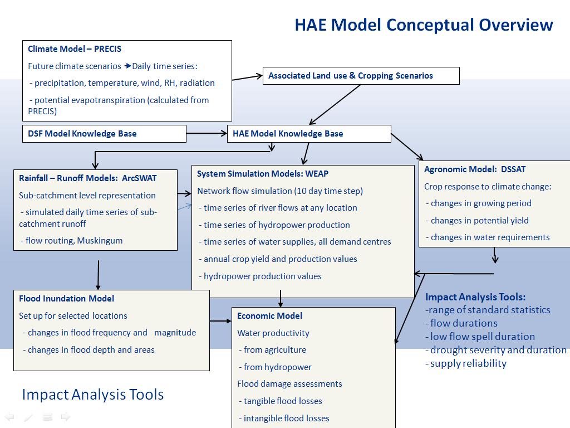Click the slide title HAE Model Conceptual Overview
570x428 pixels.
click(424, 25)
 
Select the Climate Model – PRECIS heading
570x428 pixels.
click(75, 49)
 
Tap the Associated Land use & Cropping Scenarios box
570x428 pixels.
click(361, 76)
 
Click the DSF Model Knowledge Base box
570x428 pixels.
click(104, 134)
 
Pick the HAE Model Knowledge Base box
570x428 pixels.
click(309, 134)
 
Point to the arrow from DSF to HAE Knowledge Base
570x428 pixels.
click(207, 134)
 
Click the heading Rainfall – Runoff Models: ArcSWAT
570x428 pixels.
click(87, 178)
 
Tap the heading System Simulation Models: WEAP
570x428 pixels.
click(263, 174)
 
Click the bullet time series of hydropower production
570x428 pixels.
click(274, 225)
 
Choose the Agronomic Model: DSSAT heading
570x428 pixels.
click(475, 169)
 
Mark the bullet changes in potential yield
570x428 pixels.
click(477, 221)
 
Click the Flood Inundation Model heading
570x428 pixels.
click(67, 299)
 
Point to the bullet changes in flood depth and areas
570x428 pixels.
click(89, 350)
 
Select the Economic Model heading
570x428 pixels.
click(269, 316)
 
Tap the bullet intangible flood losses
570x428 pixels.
click(284, 418)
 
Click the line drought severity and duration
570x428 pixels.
click(496, 350)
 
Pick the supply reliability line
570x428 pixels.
click(466, 363)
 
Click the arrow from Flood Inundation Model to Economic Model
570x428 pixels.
click(220, 321)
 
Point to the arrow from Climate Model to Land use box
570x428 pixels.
click(247, 77)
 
